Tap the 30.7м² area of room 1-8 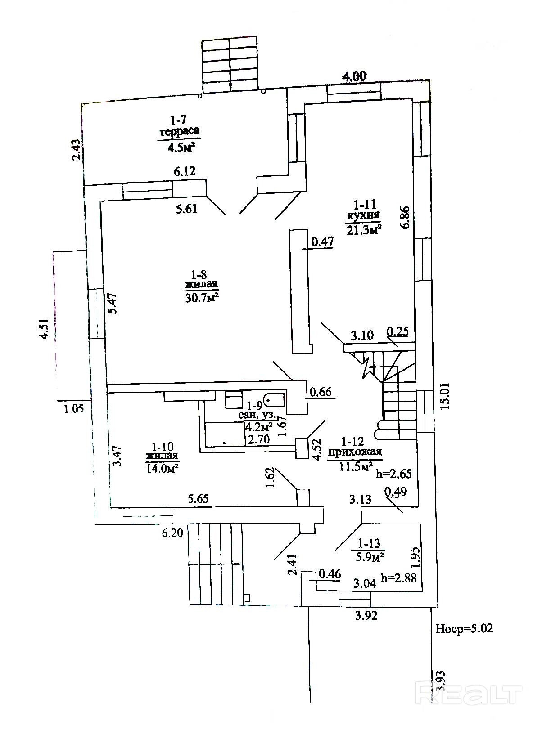tap(202, 298)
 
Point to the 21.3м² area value tap(364, 230)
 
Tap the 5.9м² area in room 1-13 tap(370, 557)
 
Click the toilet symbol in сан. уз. tap(273, 398)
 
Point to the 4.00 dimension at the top tap(354, 76)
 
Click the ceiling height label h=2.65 tap(394, 474)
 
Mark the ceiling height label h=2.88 tap(398, 578)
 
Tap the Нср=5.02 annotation tap(464, 628)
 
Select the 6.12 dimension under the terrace tap(185, 171)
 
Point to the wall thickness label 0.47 tap(322, 242)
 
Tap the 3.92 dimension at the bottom tap(366, 616)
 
